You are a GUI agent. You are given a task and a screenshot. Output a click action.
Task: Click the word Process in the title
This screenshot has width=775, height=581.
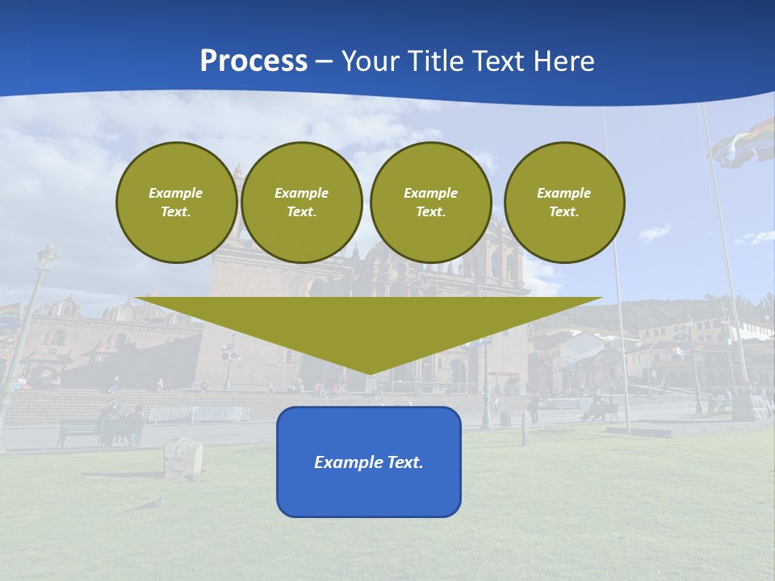(253, 61)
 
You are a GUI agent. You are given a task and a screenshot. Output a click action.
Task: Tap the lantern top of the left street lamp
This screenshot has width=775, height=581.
(46, 259)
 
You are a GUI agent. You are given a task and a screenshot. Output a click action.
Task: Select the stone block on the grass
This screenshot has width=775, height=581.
(183, 458)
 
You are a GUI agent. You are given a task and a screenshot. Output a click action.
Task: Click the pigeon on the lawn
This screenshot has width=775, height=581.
(149, 504)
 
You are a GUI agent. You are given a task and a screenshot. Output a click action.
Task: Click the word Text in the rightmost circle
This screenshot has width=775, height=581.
(564, 212)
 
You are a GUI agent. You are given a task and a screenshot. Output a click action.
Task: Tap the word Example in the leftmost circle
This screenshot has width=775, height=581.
(176, 194)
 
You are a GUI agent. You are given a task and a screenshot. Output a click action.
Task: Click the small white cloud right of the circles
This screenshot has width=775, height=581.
(655, 233)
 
